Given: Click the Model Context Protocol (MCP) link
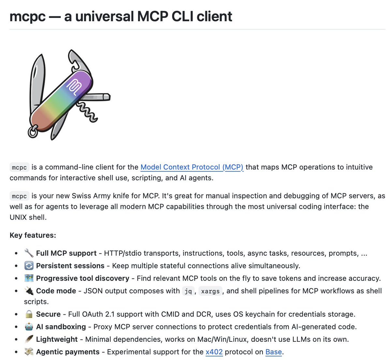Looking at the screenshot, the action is [x=192, y=167].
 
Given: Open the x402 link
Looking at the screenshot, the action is [x=214, y=352].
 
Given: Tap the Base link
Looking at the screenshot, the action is [x=273, y=352].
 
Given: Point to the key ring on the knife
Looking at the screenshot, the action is [x=32, y=133].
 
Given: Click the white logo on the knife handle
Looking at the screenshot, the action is [x=74, y=87].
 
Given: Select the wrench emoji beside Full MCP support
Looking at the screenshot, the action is [x=29, y=253].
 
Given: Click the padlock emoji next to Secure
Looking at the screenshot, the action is [x=29, y=314].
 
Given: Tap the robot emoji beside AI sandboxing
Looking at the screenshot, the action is [x=29, y=326].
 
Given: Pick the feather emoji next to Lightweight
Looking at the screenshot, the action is [x=29, y=339].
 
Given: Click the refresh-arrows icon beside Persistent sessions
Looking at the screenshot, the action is [x=29, y=266].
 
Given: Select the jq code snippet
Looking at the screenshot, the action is [x=188, y=291].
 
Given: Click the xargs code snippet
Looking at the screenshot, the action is [x=210, y=291].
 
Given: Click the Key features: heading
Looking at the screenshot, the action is [x=33, y=235].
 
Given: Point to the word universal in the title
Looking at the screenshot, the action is [x=105, y=16].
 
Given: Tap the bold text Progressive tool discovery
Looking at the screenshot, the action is [x=83, y=278].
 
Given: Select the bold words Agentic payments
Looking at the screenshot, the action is [x=68, y=352].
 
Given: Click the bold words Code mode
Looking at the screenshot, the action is [x=56, y=291].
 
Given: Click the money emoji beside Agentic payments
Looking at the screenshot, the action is [x=29, y=352].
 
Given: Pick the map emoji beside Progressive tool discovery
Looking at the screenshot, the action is [x=29, y=278].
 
